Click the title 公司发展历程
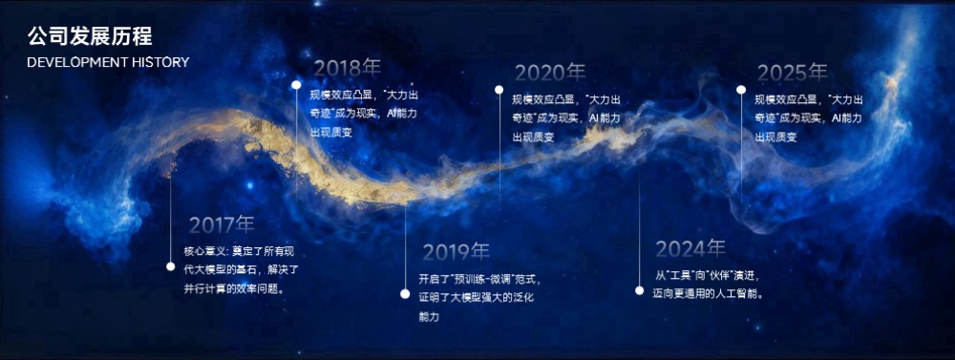click(89, 37)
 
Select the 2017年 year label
click(222, 225)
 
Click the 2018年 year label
click(348, 68)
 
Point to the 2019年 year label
click(456, 252)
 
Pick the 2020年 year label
click(550, 73)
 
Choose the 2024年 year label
click(690, 249)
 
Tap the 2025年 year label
click(793, 73)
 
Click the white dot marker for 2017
click(171, 267)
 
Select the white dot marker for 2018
click(297, 84)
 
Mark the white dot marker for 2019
click(405, 294)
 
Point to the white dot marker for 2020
click(499, 90)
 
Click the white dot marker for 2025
click(741, 90)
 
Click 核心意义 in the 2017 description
click(202, 251)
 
